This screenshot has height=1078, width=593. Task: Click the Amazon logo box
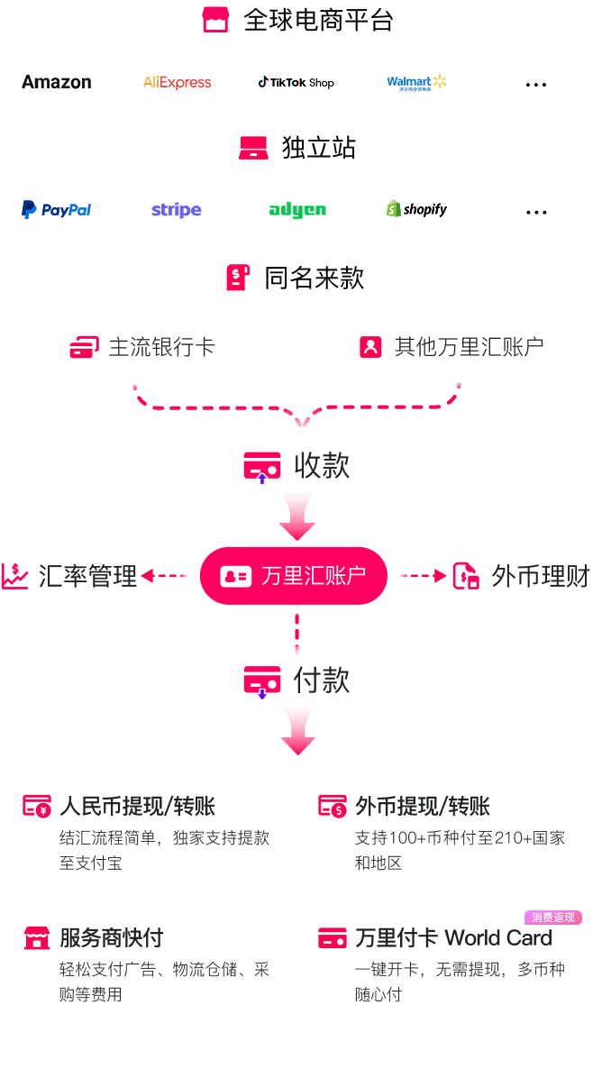(57, 83)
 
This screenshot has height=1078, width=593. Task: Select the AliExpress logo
(177, 83)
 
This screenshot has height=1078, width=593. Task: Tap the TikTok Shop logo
(296, 83)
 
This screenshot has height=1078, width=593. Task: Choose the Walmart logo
(416, 83)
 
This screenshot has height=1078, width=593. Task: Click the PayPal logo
(57, 210)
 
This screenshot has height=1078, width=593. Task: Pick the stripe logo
(177, 210)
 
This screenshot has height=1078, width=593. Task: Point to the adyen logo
(296, 210)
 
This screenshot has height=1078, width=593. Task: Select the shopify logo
(416, 210)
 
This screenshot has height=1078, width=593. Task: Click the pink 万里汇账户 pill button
(294, 575)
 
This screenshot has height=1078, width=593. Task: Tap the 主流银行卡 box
(142, 347)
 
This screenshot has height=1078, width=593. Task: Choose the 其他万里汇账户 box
(451, 347)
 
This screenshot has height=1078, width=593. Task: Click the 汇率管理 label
(87, 576)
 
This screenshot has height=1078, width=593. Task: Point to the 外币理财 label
(540, 576)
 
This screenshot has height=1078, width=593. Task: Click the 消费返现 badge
(553, 918)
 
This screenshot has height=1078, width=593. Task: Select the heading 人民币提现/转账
(137, 806)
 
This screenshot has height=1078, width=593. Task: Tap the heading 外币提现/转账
(423, 806)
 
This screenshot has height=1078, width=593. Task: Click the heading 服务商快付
(111, 937)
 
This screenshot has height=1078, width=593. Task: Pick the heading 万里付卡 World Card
(453, 937)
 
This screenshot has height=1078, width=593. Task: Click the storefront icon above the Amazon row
(215, 20)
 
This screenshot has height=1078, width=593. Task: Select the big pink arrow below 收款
(297, 515)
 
